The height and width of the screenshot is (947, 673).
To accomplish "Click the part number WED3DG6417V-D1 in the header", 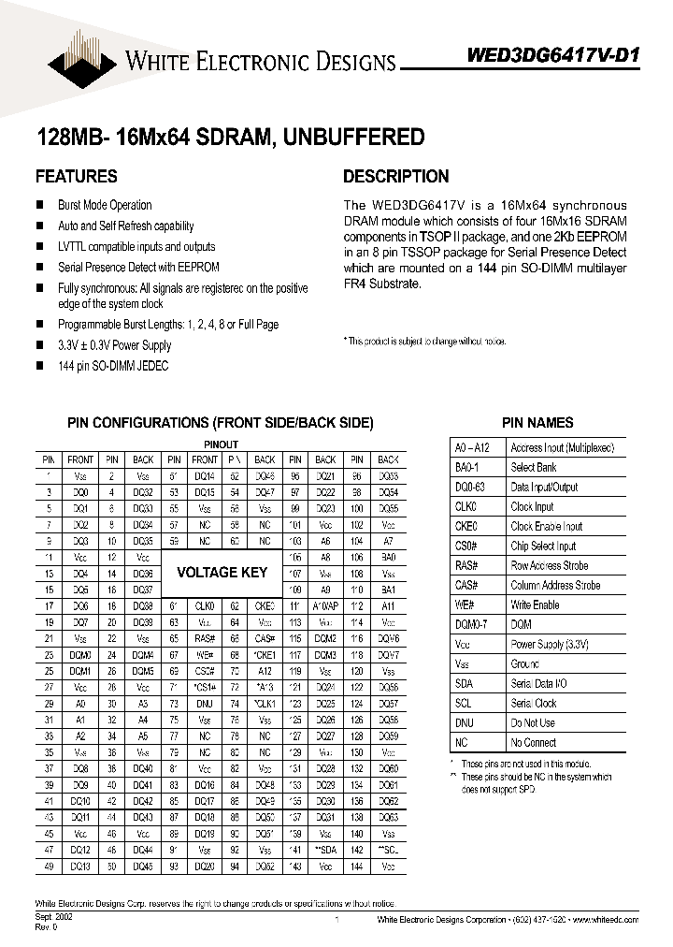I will click(x=552, y=54).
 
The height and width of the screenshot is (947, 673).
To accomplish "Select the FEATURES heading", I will click(x=76, y=176).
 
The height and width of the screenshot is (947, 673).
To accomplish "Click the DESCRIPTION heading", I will click(x=395, y=176).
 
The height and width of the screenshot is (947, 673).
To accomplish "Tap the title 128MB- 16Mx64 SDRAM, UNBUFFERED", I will click(x=230, y=137).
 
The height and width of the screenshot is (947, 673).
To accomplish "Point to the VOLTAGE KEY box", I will click(x=222, y=572).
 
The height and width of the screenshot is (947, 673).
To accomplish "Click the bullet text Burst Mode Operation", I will click(x=105, y=205).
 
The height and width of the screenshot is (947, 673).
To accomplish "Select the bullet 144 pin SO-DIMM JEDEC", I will click(x=113, y=366).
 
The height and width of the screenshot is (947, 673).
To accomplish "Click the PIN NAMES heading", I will click(x=537, y=423).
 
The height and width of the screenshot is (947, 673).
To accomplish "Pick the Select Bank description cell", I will click(x=534, y=467).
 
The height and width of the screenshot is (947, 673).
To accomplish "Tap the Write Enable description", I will click(x=535, y=605).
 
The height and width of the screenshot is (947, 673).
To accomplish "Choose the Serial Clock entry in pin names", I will click(x=534, y=703).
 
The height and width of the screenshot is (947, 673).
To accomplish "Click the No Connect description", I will click(x=534, y=742).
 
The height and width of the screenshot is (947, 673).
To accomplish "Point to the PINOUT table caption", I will click(x=221, y=444).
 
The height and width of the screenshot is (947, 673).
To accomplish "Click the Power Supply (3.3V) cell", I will click(x=549, y=644).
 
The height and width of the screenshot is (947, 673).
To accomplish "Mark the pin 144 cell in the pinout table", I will click(x=356, y=867).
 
